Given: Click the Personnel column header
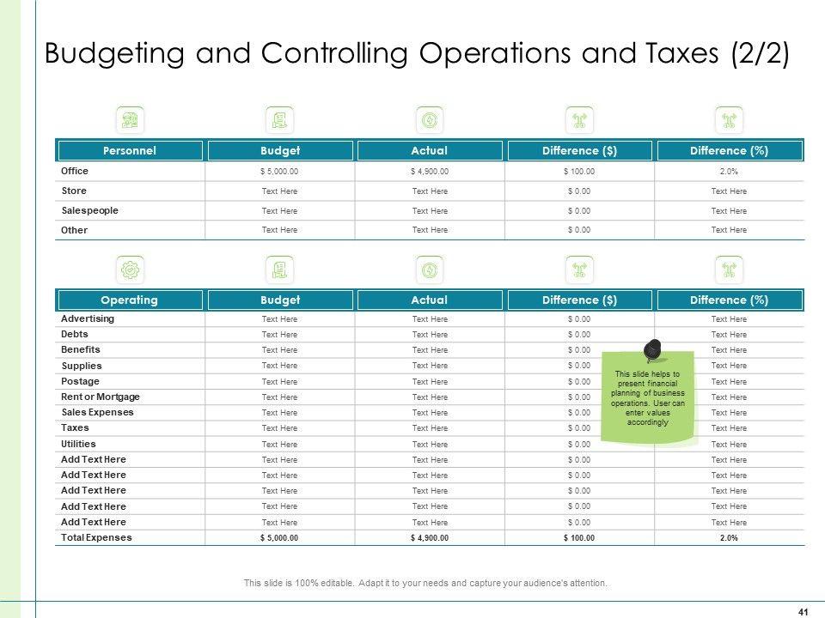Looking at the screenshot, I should (x=129, y=151).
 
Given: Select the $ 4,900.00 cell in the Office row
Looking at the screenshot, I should (x=430, y=172).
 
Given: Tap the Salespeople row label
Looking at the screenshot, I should (x=90, y=210).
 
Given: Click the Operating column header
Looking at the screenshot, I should (x=129, y=300).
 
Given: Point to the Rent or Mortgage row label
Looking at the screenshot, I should (x=101, y=397).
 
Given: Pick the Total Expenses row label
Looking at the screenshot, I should (x=96, y=537).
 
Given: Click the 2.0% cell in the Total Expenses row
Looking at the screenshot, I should (x=729, y=538).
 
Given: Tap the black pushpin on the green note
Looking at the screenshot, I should (x=652, y=349).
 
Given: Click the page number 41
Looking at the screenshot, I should (x=803, y=611).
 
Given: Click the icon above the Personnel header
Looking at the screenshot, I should (x=130, y=119).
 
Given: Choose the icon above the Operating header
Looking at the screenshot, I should (x=130, y=270).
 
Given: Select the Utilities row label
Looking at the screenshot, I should (x=78, y=444).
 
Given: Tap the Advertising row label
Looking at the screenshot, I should (x=88, y=318).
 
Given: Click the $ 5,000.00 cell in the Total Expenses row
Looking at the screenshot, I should (x=279, y=538).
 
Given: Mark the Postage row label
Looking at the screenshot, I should (x=80, y=381).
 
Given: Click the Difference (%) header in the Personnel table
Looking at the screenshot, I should (x=729, y=151).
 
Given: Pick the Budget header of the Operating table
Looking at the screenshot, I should (x=279, y=300).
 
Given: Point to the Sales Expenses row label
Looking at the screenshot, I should (x=97, y=412).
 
